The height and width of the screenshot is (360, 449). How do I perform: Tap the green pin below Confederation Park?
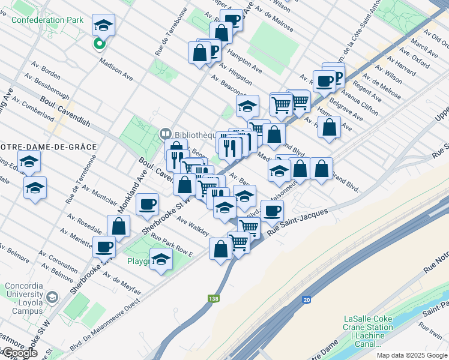[99, 43]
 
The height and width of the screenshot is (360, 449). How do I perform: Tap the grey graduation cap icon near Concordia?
[52, 298]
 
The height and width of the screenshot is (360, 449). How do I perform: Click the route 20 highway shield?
[308, 299]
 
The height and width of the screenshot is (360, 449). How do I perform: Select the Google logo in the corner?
[20, 353]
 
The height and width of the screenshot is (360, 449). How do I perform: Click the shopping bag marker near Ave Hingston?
[199, 53]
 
